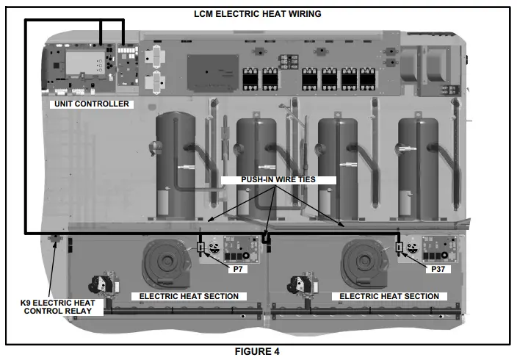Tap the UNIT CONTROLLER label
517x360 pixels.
point(91,104)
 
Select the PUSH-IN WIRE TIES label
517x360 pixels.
point(277,179)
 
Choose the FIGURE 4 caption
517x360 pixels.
point(257,351)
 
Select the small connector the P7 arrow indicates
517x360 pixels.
point(200,248)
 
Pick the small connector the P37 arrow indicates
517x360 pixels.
point(400,248)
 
